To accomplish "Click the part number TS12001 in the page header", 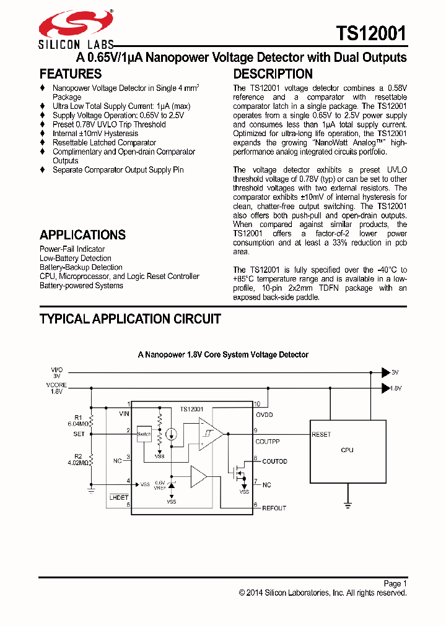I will [x=371, y=33].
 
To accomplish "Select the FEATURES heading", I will [x=71, y=74].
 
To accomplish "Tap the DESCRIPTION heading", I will [x=273, y=74].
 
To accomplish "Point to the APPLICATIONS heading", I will [x=82, y=235].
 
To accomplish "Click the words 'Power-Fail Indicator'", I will [x=72, y=249].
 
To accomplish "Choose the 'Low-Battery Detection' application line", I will [x=76, y=259].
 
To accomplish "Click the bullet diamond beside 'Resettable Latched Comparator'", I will [x=43, y=143].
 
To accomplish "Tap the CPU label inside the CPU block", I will [x=347, y=450].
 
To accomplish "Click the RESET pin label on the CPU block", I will [x=321, y=434].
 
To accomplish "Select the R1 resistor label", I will [x=78, y=417].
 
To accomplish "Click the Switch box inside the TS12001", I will [x=144, y=434].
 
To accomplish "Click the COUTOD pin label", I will [x=274, y=461].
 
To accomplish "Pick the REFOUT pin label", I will [x=274, y=508].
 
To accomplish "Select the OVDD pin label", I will [x=265, y=414].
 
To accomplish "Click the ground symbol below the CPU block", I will [x=347, y=505].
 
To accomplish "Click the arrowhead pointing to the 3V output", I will [x=385, y=372].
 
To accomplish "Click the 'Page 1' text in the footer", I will [x=395, y=583].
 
